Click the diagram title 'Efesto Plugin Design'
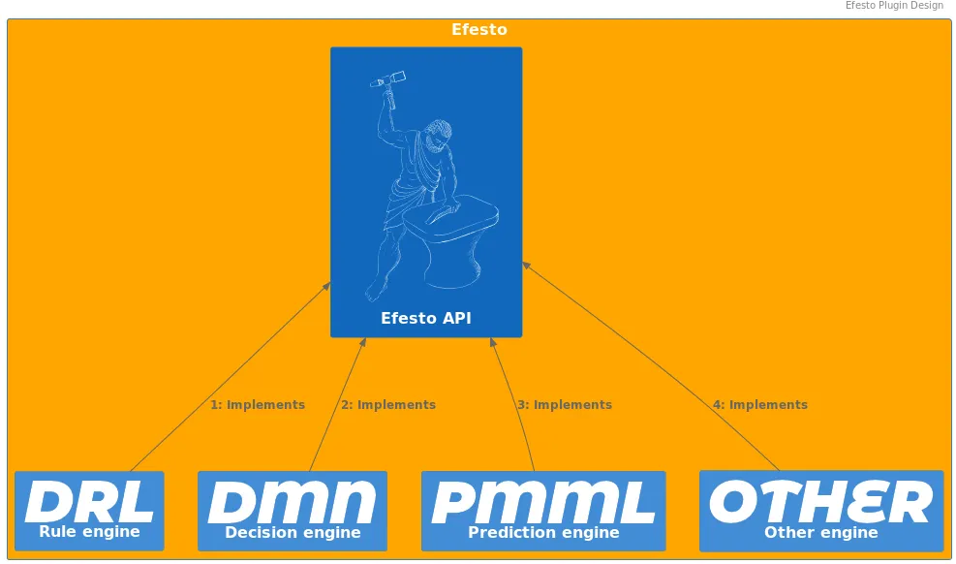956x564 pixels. point(894,6)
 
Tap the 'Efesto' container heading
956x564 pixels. point(479,29)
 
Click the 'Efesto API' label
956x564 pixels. point(425,318)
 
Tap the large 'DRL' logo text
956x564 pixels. point(89,501)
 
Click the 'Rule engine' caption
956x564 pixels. point(90,532)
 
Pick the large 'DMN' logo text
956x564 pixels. point(293,502)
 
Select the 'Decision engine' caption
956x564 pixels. point(293,532)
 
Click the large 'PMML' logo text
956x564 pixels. point(543,502)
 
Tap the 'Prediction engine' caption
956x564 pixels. point(543,532)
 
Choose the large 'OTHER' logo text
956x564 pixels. point(821,501)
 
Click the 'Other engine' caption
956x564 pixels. point(821,532)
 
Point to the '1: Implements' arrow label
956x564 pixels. point(258,405)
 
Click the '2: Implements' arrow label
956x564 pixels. point(388,405)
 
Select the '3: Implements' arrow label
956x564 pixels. point(565,405)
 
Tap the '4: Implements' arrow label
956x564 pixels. point(760,405)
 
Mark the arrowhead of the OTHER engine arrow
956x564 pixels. point(526,266)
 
